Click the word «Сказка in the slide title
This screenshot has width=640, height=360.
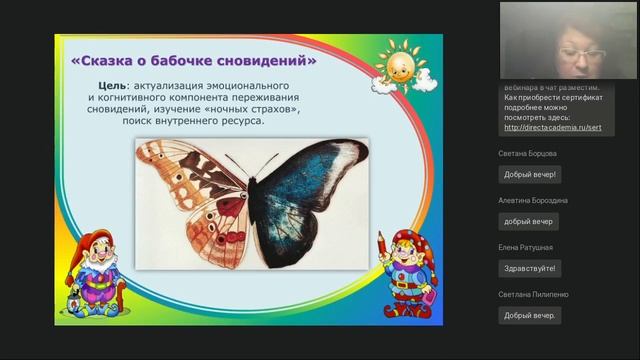tap(104, 61)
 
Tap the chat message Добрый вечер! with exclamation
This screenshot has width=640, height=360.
tap(530, 173)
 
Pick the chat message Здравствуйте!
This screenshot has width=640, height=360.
tap(529, 267)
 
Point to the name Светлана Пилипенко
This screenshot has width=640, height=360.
tap(540, 295)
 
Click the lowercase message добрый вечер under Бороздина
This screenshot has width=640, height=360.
tap(529, 220)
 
